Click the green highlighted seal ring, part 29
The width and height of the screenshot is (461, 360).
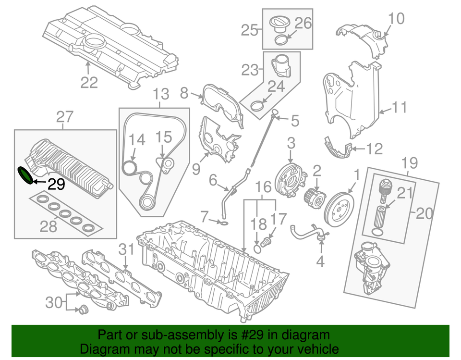pos(25,175)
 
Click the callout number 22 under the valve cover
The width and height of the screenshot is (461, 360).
pos(89,83)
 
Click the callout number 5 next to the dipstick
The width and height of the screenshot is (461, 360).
pos(294,121)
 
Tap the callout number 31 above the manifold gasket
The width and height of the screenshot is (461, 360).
pos(126,249)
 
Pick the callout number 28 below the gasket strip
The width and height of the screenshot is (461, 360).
pos(48,226)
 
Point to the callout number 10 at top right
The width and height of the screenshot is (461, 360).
pos(397,19)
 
